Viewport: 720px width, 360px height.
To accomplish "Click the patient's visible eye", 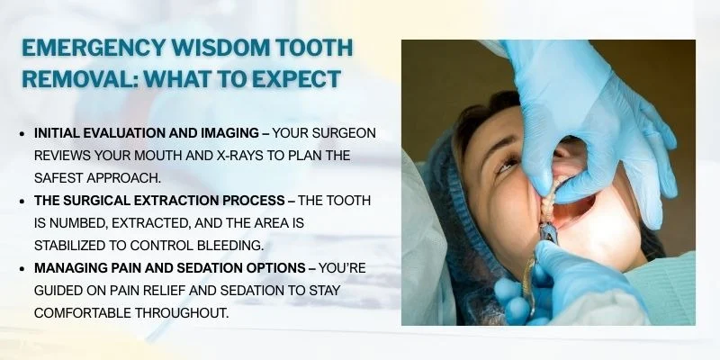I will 507,162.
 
